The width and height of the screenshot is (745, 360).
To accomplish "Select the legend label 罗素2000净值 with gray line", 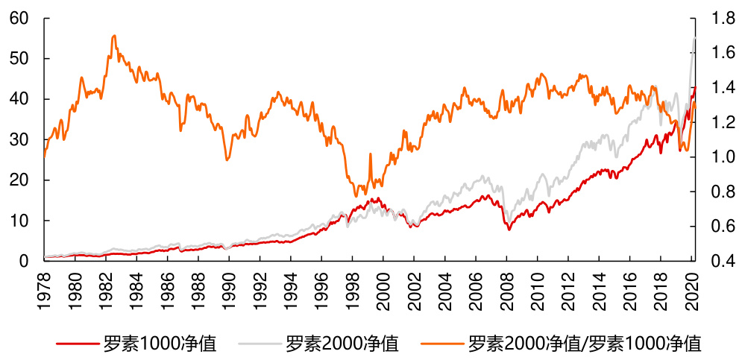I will click(x=342, y=344).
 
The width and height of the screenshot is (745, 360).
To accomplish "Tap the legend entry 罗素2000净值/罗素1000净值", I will click(x=585, y=344).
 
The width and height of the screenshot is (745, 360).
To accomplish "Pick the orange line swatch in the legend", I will click(x=441, y=344).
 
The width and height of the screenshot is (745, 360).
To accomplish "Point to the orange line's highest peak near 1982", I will click(x=113, y=35).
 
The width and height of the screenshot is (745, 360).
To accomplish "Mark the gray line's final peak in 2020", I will click(x=694, y=38).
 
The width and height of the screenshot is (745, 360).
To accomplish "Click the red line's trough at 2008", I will click(x=509, y=229).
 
